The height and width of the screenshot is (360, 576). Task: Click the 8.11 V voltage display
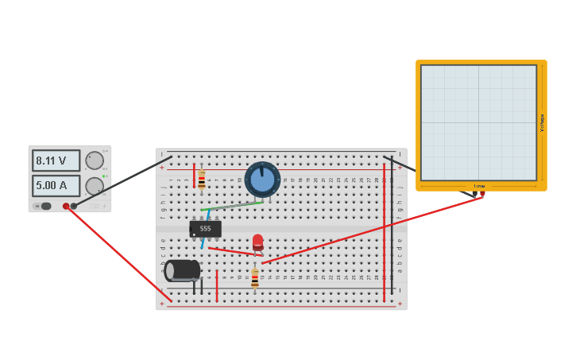(56, 161)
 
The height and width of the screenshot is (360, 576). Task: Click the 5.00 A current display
(56, 186)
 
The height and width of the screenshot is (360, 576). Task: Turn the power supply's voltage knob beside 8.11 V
(95, 161)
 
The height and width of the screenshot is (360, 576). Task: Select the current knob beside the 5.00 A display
(95, 187)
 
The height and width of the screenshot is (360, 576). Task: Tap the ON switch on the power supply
(45, 206)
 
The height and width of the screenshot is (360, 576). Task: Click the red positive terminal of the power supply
(66, 206)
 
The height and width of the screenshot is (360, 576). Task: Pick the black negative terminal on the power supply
(74, 206)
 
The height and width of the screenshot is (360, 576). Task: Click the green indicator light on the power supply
(104, 176)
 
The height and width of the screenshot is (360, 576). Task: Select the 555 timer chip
(205, 229)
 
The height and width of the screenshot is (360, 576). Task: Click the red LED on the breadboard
(257, 241)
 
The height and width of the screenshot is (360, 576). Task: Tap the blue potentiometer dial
(262, 179)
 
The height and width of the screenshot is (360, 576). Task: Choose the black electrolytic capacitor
(182, 270)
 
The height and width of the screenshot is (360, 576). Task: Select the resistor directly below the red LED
(254, 278)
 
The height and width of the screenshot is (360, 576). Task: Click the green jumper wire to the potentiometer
(235, 207)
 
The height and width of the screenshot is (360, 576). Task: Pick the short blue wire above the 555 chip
(208, 215)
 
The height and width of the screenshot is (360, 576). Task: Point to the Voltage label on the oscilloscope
(542, 122)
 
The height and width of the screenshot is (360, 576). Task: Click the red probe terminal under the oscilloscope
(482, 194)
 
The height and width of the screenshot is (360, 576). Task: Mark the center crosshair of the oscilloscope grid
(478, 122)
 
